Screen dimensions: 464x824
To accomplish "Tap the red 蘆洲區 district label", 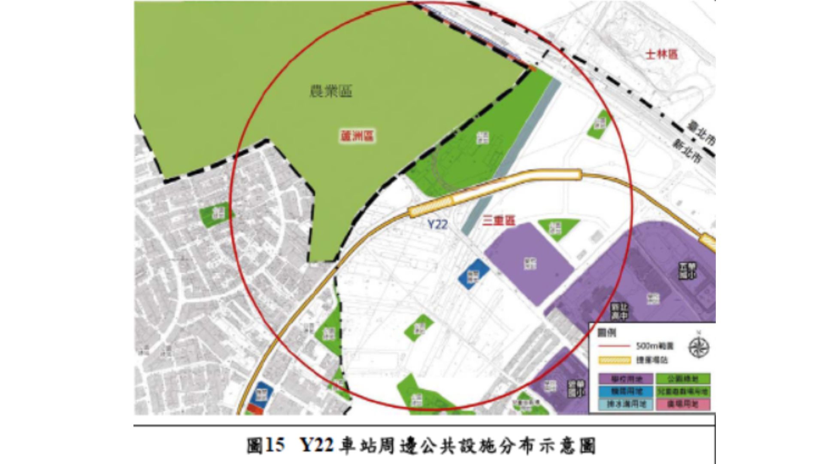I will (357, 137).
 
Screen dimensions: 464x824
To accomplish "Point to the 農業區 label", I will (331, 91).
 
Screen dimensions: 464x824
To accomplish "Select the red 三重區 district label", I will (499, 221).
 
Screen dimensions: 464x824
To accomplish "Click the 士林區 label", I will (661, 55).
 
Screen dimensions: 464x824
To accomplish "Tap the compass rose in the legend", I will (698, 347).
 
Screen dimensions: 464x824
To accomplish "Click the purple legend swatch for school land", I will (626, 379).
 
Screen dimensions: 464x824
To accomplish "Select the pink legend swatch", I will (683, 404).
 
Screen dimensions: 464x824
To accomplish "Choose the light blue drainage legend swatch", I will (626, 404).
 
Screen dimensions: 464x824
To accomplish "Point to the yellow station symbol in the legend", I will (615, 360).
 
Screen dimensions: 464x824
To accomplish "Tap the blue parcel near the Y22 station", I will (473, 273).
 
